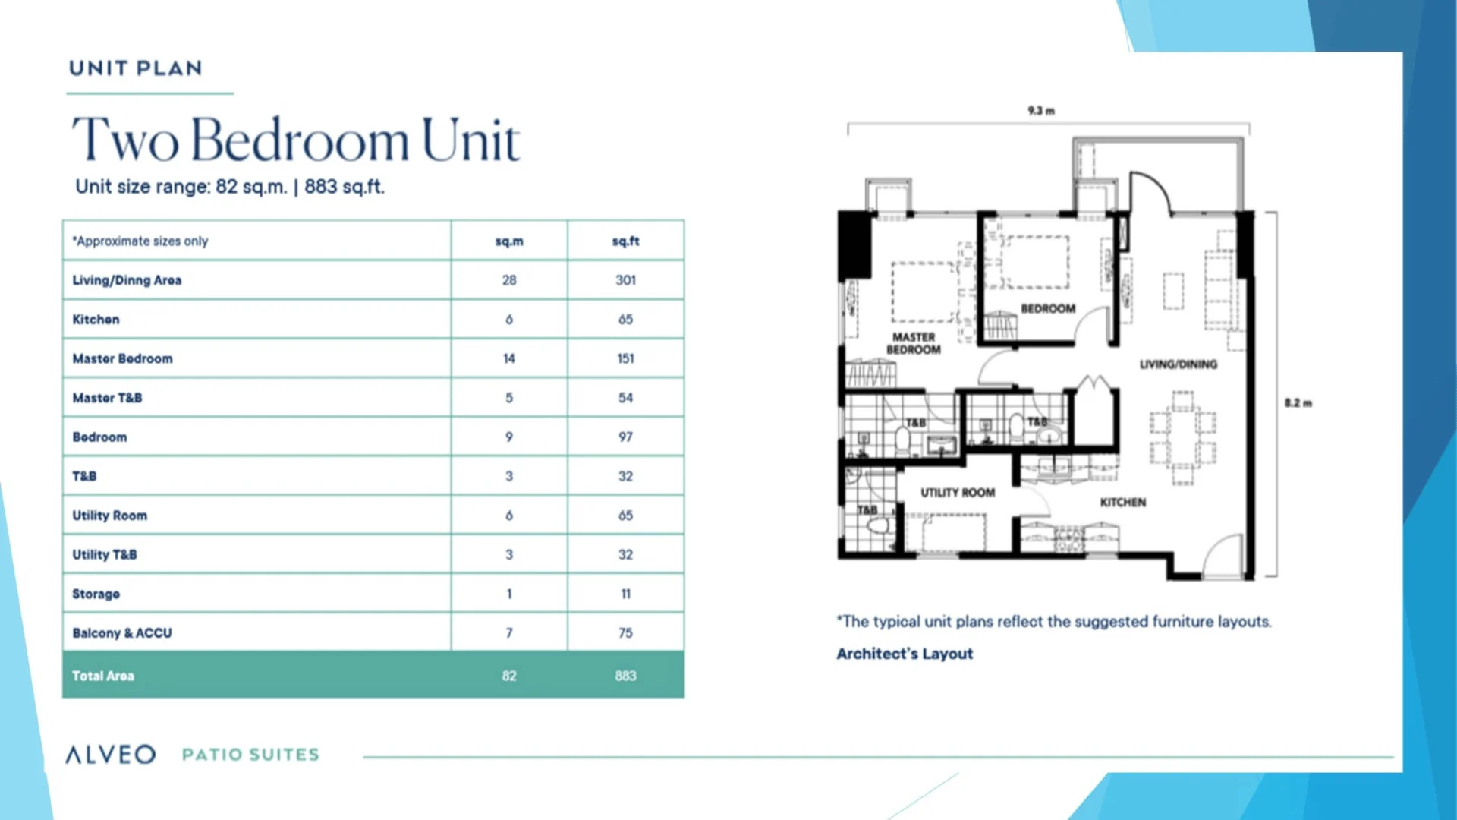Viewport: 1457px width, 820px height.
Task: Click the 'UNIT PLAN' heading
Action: click(136, 68)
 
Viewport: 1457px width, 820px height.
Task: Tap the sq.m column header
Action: click(509, 241)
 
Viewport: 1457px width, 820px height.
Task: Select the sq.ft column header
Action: click(625, 241)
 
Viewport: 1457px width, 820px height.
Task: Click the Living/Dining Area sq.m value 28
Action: click(509, 280)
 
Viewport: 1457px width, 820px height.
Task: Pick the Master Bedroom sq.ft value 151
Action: click(625, 358)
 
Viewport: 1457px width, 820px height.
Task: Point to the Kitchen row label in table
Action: click(96, 320)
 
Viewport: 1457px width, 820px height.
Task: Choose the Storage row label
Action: click(96, 594)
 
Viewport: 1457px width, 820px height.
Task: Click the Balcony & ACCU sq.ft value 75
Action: click(625, 633)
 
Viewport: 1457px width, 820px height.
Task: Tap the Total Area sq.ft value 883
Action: click(625, 676)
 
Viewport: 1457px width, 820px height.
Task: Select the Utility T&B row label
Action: click(105, 554)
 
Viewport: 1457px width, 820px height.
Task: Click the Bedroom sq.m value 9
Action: click(509, 437)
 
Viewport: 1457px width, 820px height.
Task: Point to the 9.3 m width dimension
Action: click(1041, 111)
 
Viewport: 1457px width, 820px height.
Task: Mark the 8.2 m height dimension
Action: click(1298, 403)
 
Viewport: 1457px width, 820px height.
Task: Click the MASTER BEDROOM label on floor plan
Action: click(914, 343)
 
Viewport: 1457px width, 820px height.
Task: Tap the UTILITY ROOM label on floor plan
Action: click(958, 493)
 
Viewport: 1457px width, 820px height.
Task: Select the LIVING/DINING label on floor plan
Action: click(1178, 364)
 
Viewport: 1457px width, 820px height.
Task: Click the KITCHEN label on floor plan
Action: click(1123, 503)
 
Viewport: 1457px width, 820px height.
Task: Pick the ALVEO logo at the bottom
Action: click(111, 754)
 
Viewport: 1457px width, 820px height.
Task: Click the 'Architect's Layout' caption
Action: click(905, 654)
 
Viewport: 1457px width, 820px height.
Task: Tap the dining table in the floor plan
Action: click(1182, 437)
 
